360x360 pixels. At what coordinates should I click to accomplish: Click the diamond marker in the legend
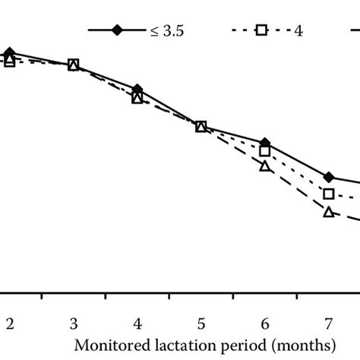click(x=117, y=30)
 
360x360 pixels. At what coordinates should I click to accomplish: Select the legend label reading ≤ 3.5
click(x=168, y=30)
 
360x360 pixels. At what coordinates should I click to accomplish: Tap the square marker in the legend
click(x=261, y=30)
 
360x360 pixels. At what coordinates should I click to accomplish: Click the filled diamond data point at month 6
click(x=264, y=143)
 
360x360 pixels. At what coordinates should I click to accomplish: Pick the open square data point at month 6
click(x=264, y=151)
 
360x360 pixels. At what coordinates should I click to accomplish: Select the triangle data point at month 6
click(x=264, y=166)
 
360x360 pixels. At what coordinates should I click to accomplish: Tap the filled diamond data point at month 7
click(x=328, y=177)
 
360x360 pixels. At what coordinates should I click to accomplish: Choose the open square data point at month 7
click(x=328, y=194)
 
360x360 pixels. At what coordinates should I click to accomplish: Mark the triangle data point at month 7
click(x=328, y=212)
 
